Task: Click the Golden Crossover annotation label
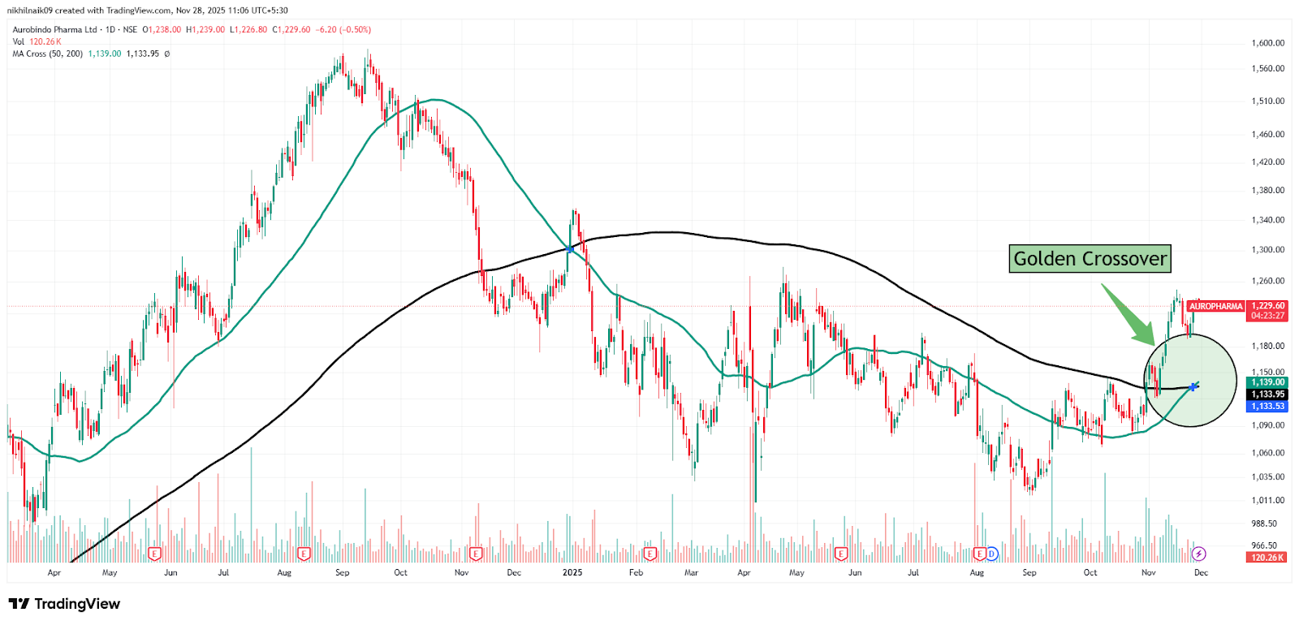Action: point(1090,259)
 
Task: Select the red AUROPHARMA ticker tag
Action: point(1215,306)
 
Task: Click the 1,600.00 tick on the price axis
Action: point(1267,43)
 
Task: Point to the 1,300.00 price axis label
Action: point(1267,250)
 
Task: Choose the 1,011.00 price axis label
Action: point(1267,501)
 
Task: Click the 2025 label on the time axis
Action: point(572,573)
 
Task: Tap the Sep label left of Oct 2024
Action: point(343,573)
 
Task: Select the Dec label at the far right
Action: point(1201,573)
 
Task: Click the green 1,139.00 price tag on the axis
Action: point(1267,382)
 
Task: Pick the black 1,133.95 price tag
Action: point(1267,394)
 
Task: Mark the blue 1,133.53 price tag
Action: point(1267,407)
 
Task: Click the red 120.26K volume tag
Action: point(1267,558)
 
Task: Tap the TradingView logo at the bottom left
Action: point(64,604)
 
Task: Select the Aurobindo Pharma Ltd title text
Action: point(54,30)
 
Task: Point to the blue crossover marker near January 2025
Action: point(570,249)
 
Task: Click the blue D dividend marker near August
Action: point(991,554)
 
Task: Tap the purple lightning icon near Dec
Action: point(1198,554)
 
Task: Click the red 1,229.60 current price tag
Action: point(1267,306)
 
